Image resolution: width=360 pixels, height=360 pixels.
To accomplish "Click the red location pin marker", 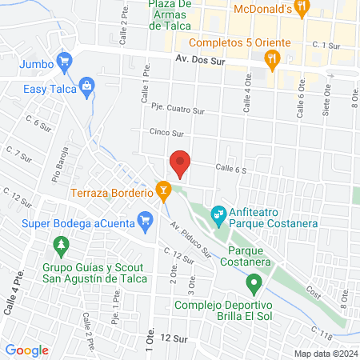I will coord(180,163).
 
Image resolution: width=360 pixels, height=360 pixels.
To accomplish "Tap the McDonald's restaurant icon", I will coord(302,10).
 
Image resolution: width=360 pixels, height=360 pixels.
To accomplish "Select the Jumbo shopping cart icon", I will coord(66,61).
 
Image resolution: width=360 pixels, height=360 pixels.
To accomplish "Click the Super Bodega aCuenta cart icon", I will coord(145,219).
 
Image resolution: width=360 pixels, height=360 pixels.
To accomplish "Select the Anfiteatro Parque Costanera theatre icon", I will coord(217,214).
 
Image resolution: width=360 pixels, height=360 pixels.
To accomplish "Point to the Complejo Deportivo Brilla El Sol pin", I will coord(254,282).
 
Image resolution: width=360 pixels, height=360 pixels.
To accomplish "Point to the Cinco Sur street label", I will coord(166,132).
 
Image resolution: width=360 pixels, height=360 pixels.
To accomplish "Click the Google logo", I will coord(27,350).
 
